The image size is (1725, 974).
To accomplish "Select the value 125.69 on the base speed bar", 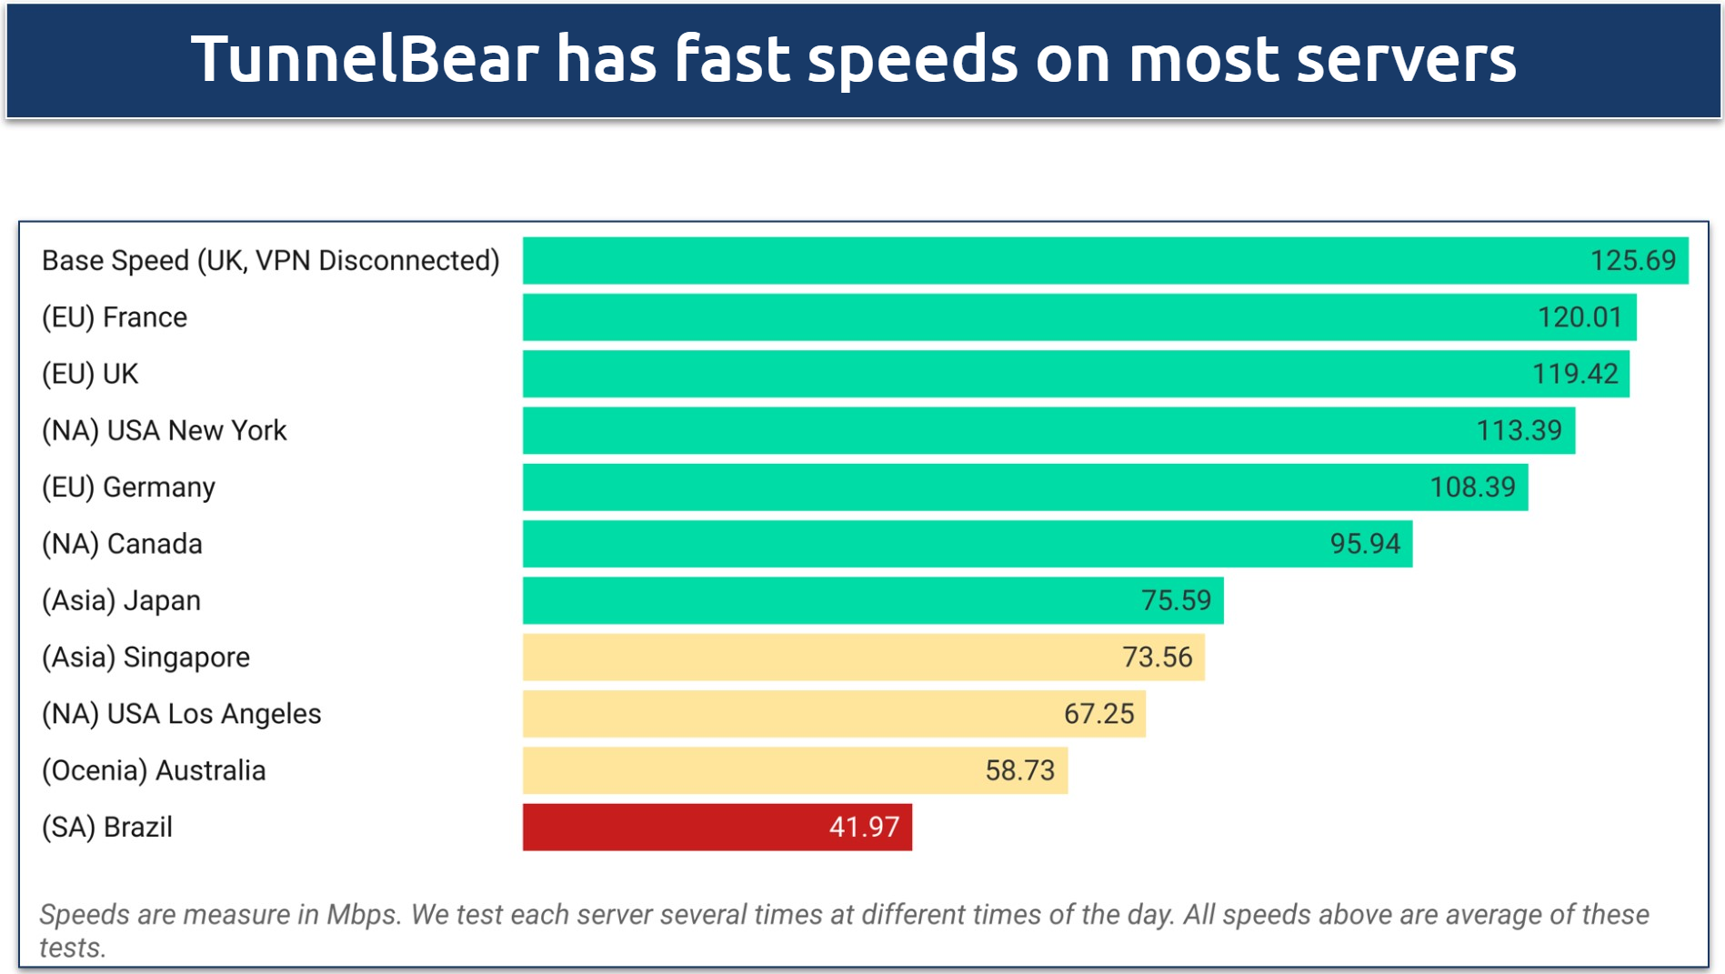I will click(x=1632, y=261).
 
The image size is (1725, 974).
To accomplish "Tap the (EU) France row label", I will click(x=115, y=317).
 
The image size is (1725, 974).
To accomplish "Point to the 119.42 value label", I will click(x=1575, y=374).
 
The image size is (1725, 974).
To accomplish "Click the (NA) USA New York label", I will click(x=165, y=430).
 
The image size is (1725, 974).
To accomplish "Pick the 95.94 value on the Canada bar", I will click(x=1364, y=544).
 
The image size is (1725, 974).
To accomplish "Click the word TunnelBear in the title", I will click(x=365, y=59).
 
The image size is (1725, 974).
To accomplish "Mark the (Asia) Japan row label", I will click(x=121, y=600).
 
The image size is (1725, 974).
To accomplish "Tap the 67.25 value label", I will click(x=1098, y=714).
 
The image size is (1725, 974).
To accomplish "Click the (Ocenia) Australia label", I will click(x=154, y=770).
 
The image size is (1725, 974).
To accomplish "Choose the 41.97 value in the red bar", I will click(x=864, y=827).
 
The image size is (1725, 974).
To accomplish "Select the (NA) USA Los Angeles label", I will click(x=182, y=714).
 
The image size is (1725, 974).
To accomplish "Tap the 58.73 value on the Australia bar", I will click(x=1019, y=770).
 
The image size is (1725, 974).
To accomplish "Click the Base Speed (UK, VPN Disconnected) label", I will click(x=271, y=261).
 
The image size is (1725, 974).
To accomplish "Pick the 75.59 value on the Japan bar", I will click(x=1176, y=600).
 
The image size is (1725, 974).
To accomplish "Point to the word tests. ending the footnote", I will click(x=73, y=948).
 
